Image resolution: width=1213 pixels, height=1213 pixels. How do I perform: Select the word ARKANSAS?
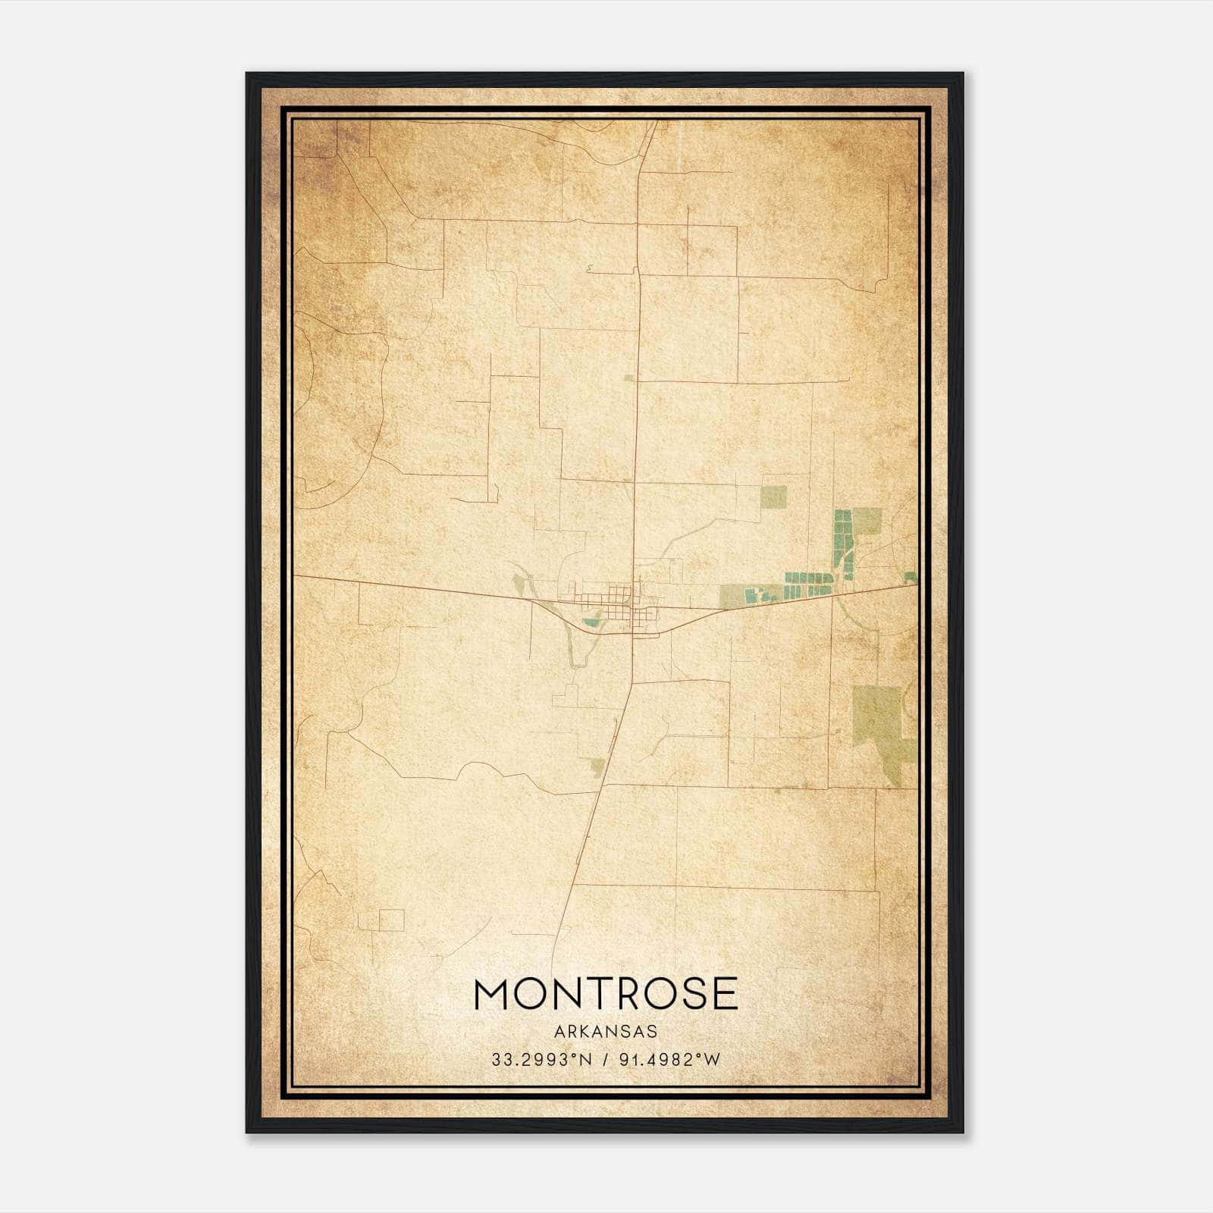[x=605, y=1032]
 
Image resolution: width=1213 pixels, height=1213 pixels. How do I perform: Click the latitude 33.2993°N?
[x=541, y=1060]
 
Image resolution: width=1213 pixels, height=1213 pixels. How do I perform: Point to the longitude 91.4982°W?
[x=669, y=1060]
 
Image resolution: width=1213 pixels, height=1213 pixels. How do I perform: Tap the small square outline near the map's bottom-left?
[x=391, y=920]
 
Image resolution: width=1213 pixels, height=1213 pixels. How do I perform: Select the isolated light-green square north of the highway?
[x=773, y=497]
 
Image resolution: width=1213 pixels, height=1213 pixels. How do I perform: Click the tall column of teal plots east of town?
[x=843, y=538]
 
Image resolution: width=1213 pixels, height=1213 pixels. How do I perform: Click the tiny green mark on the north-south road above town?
[x=628, y=377]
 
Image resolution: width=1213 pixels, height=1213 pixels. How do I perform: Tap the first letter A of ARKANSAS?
[x=558, y=1032]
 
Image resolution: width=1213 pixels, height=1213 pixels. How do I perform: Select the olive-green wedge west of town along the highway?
[x=519, y=585]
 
